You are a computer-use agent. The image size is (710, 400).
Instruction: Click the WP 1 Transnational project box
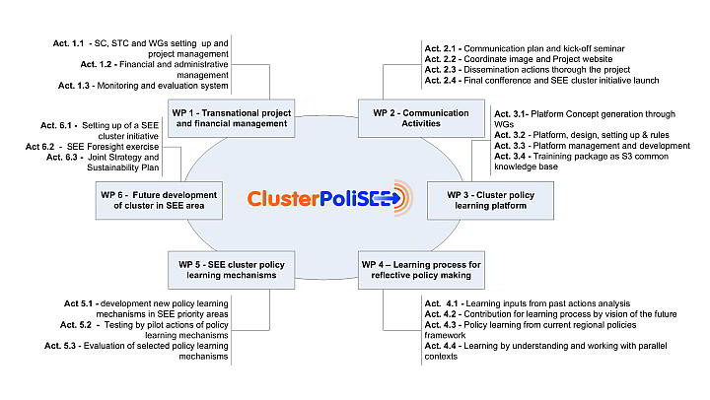point(232,118)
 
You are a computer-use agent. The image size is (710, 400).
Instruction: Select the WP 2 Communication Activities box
point(421,118)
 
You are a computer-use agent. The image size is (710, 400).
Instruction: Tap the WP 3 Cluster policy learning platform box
point(490,200)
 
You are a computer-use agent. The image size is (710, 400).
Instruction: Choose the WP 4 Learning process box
point(421,270)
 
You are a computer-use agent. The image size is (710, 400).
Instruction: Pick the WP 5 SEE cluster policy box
point(232,270)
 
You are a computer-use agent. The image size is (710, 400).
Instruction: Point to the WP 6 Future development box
point(159,200)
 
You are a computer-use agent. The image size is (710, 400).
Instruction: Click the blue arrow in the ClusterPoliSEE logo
point(388,198)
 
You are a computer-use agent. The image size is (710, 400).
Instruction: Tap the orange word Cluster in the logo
point(283,198)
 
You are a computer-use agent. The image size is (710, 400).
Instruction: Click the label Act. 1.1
point(68,43)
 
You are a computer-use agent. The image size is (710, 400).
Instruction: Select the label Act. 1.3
point(74,86)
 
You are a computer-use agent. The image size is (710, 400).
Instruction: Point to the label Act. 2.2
point(441,59)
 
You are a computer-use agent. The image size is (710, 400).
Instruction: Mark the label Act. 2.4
point(441,81)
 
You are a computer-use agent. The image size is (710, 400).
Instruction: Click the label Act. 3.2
point(510,135)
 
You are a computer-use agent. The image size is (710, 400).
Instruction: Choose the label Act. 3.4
point(510,156)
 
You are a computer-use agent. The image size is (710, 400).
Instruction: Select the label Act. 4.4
point(441,346)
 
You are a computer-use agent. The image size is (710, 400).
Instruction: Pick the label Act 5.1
point(78,303)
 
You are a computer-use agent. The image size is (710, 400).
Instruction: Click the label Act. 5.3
point(60,346)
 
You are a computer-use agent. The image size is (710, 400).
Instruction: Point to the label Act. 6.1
point(56,125)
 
